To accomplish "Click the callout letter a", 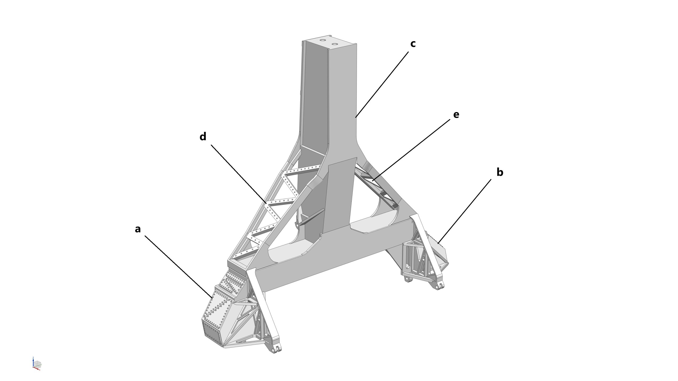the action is (x=137, y=229).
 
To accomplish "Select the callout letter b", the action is (x=500, y=172).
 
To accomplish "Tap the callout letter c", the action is (x=413, y=44).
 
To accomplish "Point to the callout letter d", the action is (x=203, y=137).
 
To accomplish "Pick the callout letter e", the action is (x=456, y=115).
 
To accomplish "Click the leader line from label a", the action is (x=178, y=267).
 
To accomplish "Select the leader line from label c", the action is (x=382, y=84).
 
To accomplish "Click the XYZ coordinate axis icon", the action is (x=37, y=364).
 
